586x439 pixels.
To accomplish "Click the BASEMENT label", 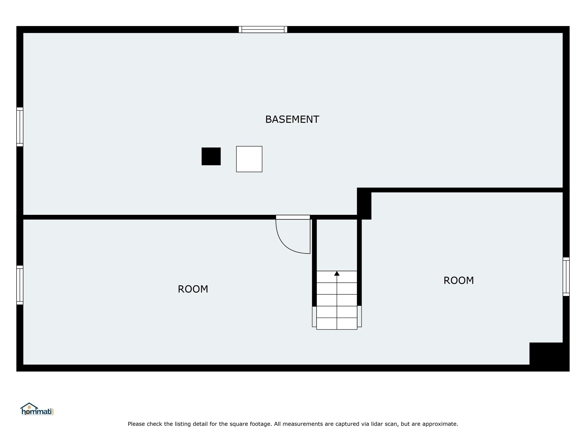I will pos(292,120).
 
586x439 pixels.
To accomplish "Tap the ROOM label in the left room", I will pos(193,289).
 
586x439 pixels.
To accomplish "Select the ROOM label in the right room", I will pos(459,281).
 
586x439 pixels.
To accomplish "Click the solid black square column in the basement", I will pos(211,156).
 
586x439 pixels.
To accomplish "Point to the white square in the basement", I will pos(249,159).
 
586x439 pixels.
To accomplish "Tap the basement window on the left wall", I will pos(20,127).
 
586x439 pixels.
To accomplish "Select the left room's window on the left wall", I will pos(20,285).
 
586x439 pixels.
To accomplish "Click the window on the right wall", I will pos(566,276).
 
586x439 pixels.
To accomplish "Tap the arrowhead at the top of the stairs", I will pos(337,273).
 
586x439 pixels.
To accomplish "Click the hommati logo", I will pos(37,409).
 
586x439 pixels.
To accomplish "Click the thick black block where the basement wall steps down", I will pos(364,203).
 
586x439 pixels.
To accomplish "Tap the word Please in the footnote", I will pos(136,424).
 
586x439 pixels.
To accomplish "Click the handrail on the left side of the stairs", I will pos(314,316).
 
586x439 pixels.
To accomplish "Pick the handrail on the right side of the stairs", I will pos(359,316).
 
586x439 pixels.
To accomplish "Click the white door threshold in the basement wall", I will pos(293,217).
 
